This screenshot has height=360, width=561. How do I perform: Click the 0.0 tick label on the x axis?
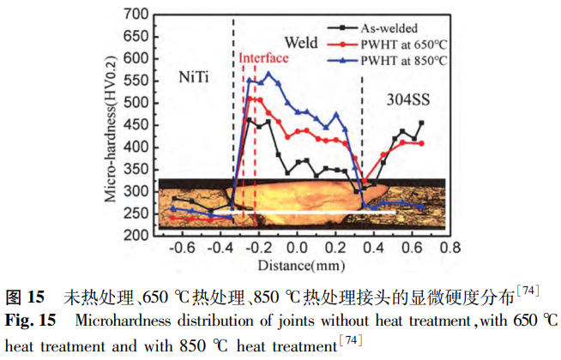tap(296, 248)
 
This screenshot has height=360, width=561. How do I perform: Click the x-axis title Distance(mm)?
tap(297, 263)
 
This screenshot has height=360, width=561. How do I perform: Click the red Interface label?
tap(263, 57)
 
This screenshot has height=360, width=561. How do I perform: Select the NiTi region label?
tap(196, 77)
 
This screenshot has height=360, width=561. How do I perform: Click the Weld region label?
tap(301, 42)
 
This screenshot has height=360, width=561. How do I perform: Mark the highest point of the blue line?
tap(268, 74)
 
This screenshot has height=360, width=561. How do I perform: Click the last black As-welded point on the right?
tap(421, 123)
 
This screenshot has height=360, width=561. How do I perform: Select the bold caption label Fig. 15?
tap(31, 321)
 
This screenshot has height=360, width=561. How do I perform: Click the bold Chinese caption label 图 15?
tap(27, 298)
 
